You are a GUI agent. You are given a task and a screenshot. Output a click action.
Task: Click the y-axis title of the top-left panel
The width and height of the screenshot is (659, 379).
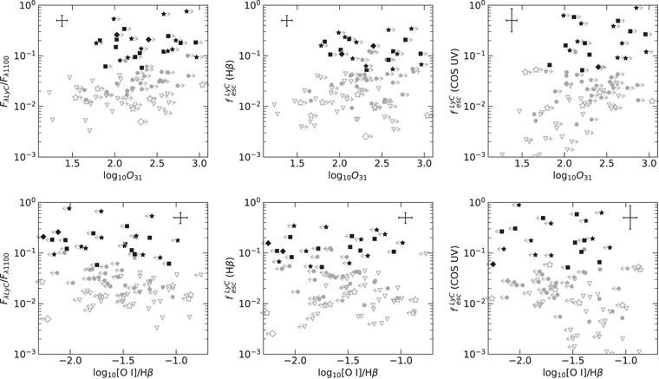tap(8, 80)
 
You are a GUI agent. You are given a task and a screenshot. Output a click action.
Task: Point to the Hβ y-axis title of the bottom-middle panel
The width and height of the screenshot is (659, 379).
tap(233, 278)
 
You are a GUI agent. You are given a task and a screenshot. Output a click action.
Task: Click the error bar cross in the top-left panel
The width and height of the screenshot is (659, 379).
tap(62, 20)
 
